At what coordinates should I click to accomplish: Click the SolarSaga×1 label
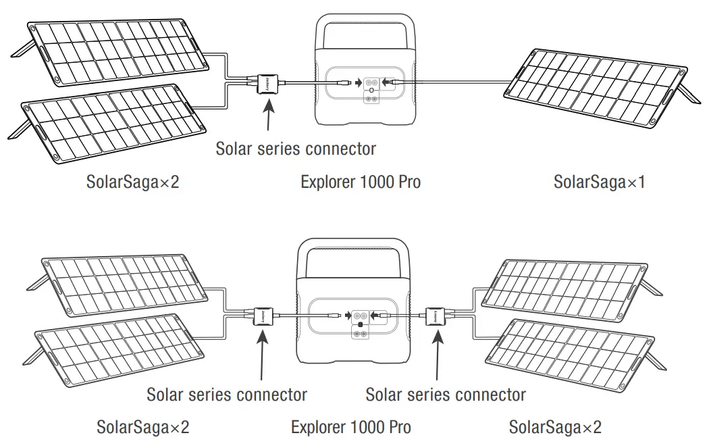point(599,182)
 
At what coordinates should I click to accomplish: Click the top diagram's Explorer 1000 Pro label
point(360,182)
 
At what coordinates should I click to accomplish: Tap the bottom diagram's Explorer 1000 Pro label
point(350,427)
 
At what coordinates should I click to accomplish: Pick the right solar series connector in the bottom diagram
point(434,316)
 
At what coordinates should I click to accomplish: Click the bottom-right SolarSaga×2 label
point(555,427)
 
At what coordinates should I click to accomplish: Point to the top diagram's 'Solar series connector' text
point(296,148)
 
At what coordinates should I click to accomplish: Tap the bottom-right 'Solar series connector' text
point(446,394)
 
